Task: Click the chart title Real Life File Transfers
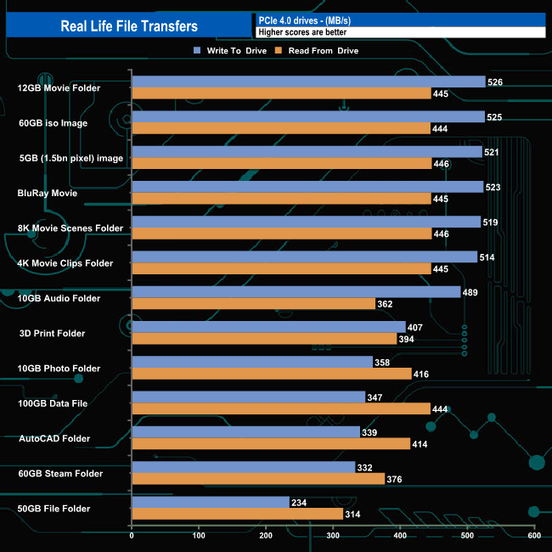tap(129, 25)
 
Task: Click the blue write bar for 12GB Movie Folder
tap(308, 82)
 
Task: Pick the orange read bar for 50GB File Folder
tap(237, 514)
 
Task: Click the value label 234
tap(300, 502)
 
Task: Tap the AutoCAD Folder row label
tap(54, 438)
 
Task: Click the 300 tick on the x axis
tap(333, 536)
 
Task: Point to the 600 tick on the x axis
tap(533, 536)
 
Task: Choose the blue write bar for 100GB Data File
tap(248, 397)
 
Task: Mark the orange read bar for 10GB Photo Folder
tap(272, 374)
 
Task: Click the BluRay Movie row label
tap(48, 193)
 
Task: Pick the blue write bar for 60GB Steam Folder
tap(243, 467)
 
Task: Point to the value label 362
tap(386, 303)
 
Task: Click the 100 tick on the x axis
tap(199, 536)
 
